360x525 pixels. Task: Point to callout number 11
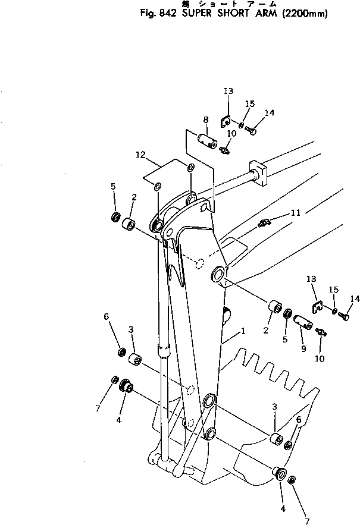coord(295,212)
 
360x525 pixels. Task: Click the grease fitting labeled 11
coord(265,223)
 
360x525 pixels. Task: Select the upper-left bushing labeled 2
coord(128,226)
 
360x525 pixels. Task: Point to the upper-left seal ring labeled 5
coord(116,216)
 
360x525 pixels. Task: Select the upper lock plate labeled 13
coord(226,121)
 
